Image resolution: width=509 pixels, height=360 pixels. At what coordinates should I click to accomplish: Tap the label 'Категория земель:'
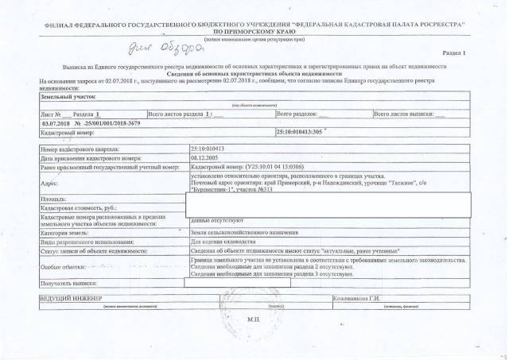click(64, 231)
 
